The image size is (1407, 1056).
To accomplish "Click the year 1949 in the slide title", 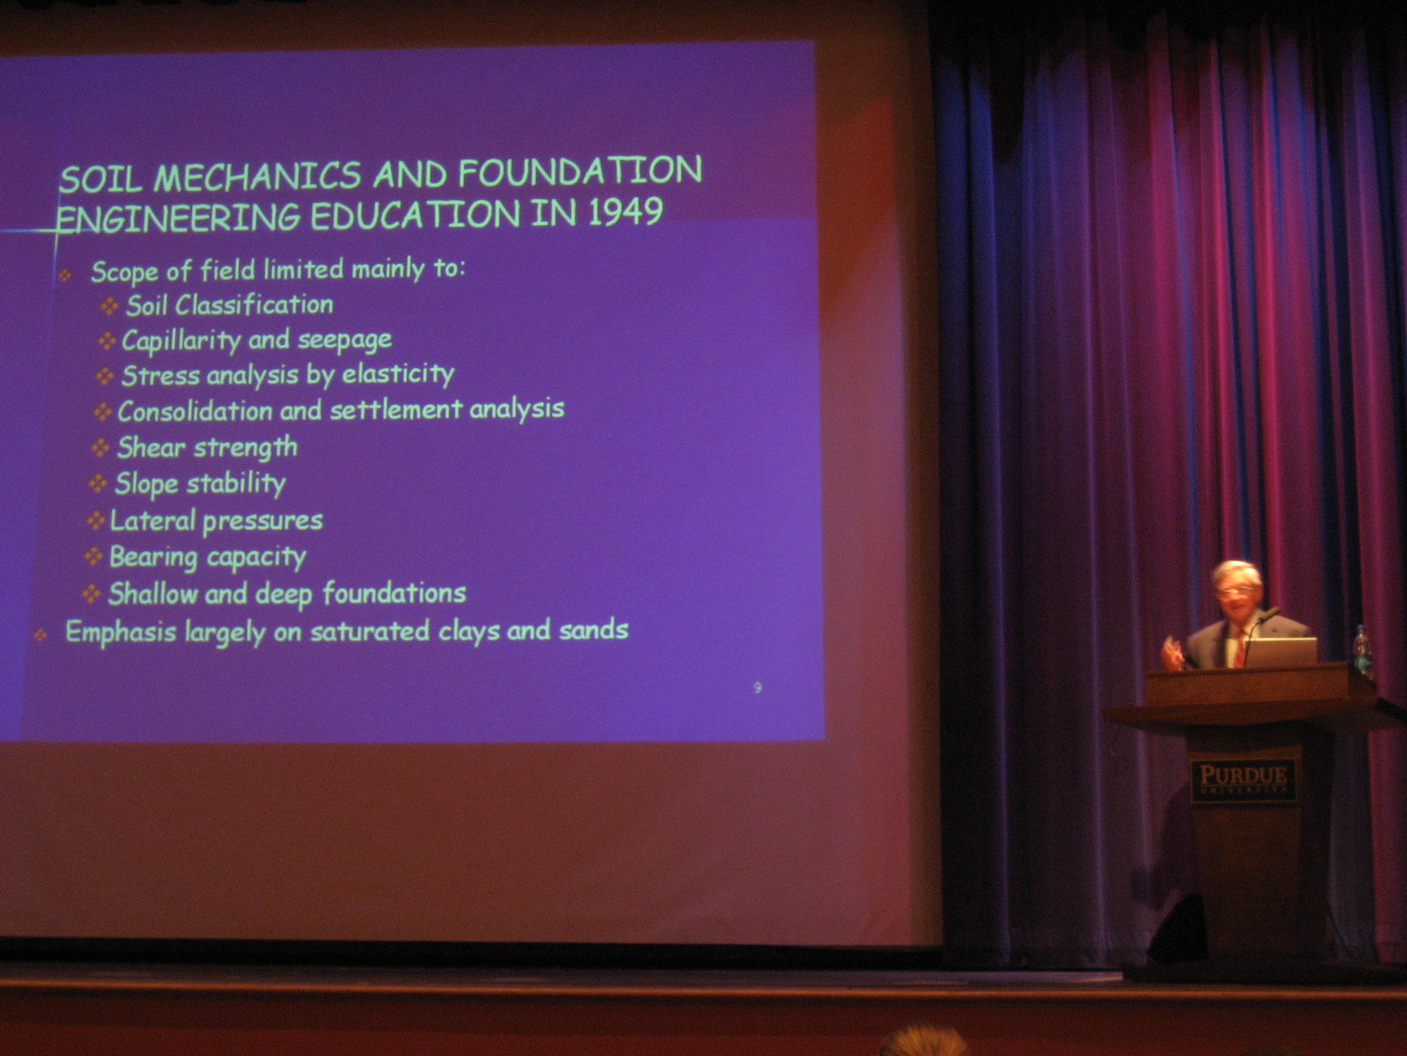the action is click(625, 211).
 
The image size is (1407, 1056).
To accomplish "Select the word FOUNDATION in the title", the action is click(580, 172).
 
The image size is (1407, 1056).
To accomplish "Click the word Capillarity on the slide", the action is click(181, 341).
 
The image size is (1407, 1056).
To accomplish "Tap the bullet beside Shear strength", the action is click(100, 447).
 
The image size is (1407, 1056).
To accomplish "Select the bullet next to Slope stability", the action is click(98, 483).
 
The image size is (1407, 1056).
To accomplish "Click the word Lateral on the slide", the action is click(152, 520).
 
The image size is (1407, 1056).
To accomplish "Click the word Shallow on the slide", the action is click(153, 594).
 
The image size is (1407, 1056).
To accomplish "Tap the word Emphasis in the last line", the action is click(121, 633).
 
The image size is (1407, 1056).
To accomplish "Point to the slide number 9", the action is click(758, 688).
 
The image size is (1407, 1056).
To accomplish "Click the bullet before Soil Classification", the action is click(110, 306).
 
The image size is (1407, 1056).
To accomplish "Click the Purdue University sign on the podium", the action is click(1243, 780).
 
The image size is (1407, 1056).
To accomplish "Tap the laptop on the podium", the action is click(1280, 652).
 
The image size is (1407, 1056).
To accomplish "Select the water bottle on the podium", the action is click(1361, 651).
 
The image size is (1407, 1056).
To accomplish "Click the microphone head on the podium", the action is click(1269, 613).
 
